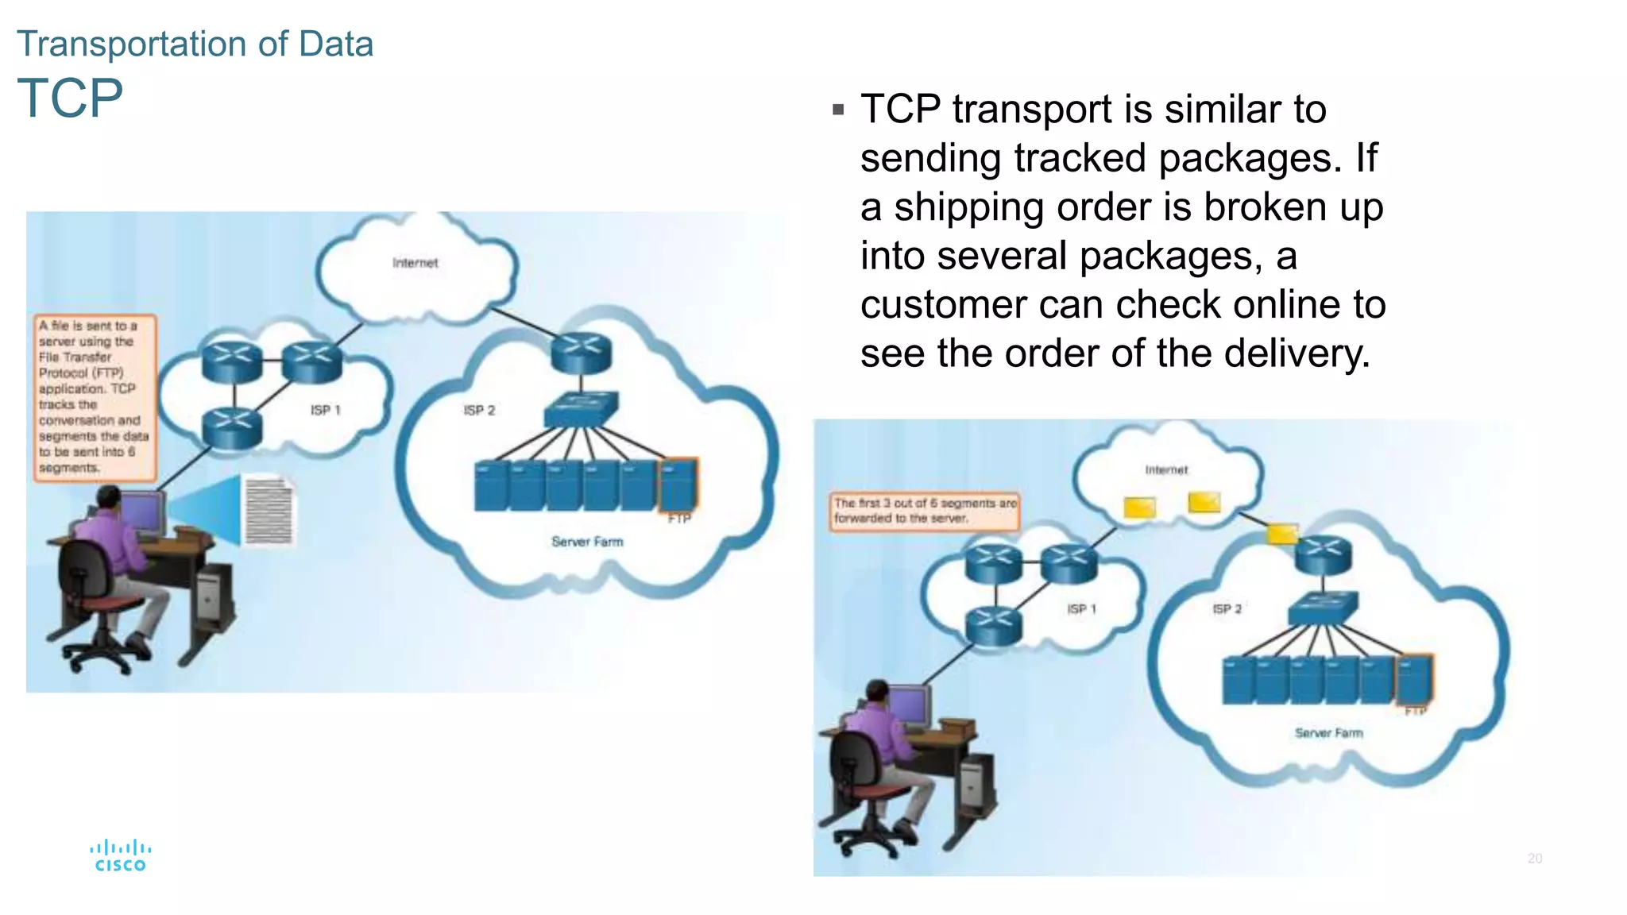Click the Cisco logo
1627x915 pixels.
pyautogui.click(x=120, y=856)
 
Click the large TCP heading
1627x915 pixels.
pyautogui.click(x=70, y=98)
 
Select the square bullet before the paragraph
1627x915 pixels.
pyautogui.click(x=838, y=110)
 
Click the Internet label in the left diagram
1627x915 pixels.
pyautogui.click(x=415, y=263)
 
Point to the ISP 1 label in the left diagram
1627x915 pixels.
pyautogui.click(x=325, y=410)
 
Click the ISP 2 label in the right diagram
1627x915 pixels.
pyautogui.click(x=1227, y=609)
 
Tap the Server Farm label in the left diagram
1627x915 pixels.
pyautogui.click(x=587, y=542)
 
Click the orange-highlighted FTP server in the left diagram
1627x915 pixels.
pyautogui.click(x=678, y=485)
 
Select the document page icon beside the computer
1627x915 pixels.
pyautogui.click(x=269, y=511)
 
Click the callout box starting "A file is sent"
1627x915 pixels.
pyautogui.click(x=93, y=397)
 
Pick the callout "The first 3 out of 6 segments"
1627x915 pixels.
pyautogui.click(x=925, y=511)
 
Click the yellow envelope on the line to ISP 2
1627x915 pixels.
pyautogui.click(x=1281, y=533)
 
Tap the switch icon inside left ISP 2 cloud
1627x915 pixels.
pyautogui.click(x=581, y=409)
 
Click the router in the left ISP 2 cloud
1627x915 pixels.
pyautogui.click(x=582, y=353)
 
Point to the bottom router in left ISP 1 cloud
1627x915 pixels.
pyautogui.click(x=232, y=427)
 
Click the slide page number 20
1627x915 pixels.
pyautogui.click(x=1534, y=859)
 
